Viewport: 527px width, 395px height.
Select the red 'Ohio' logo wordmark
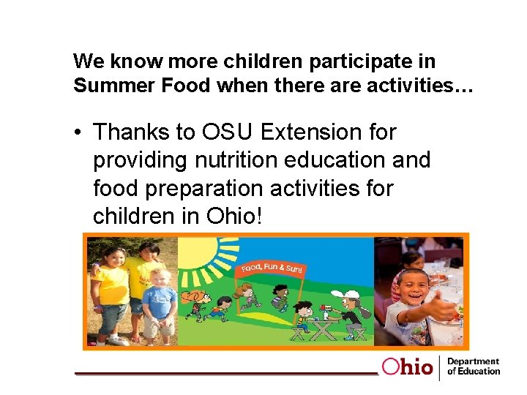[407, 366]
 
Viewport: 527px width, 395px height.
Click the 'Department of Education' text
[473, 366]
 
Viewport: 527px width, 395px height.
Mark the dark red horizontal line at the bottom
[227, 373]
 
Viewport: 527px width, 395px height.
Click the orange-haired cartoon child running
[198, 307]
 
